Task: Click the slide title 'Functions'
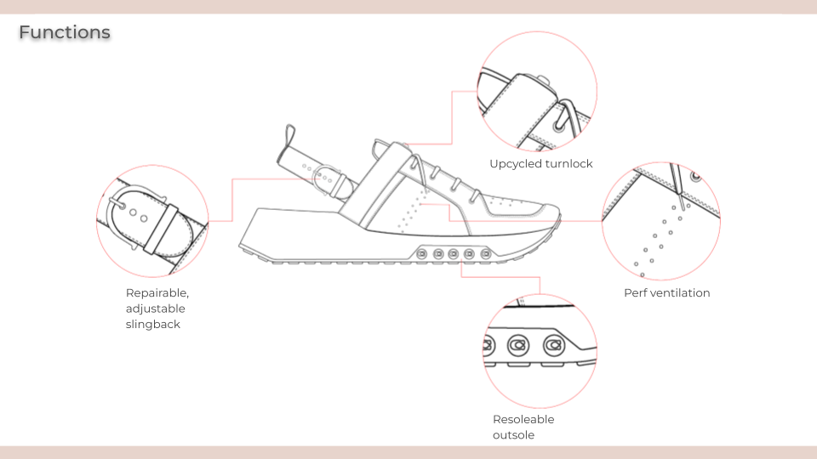coord(65,33)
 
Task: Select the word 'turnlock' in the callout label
coord(571,164)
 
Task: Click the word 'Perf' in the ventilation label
coord(636,293)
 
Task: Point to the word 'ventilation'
coord(681,293)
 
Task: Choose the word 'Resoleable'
coord(523,420)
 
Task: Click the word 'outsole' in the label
coord(514,435)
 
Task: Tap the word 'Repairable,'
coord(157,293)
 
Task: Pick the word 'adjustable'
coord(155,309)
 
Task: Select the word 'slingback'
coord(153,324)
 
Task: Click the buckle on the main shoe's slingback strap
coord(323,179)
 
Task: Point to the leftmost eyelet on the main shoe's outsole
coord(423,252)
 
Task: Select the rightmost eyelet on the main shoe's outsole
coord(485,253)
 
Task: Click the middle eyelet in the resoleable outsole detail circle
coord(518,345)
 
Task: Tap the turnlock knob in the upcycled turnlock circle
coord(543,82)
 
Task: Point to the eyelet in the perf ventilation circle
coord(697,178)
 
